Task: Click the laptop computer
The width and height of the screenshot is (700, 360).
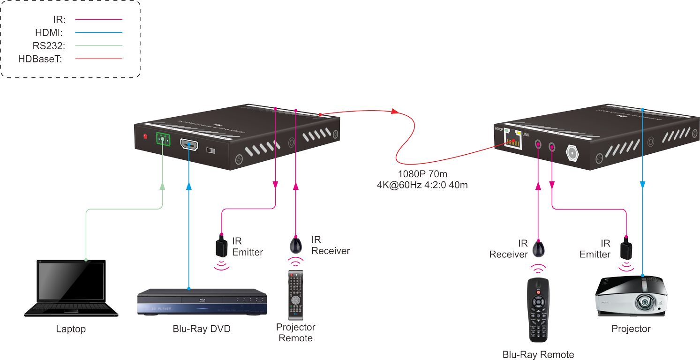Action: (71, 289)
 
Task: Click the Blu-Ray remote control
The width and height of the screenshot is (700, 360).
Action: (538, 310)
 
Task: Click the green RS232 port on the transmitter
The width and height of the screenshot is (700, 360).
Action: (163, 139)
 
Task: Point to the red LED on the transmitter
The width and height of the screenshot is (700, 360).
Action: (145, 137)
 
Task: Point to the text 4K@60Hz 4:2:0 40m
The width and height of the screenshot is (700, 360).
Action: (422, 185)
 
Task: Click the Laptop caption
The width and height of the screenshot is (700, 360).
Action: (71, 329)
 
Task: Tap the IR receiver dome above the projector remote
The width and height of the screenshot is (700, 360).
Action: (296, 245)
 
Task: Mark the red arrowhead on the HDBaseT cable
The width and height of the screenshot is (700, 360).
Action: (395, 112)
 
